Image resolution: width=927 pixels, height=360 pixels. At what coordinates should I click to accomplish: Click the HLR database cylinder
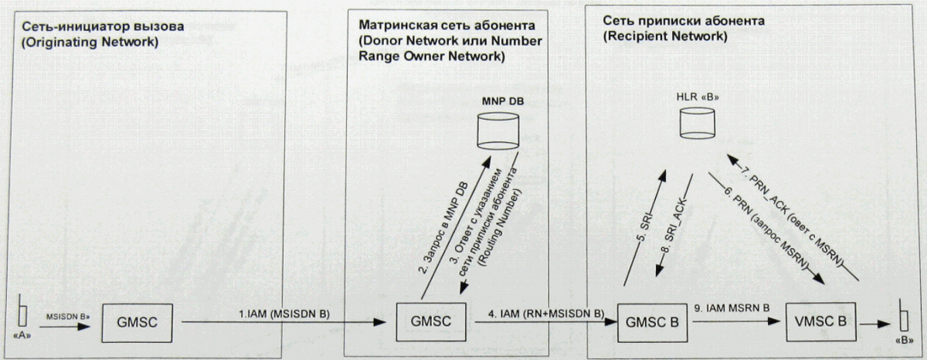pos(696,124)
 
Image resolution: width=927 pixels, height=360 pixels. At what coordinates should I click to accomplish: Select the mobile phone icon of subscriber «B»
pos(901,320)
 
